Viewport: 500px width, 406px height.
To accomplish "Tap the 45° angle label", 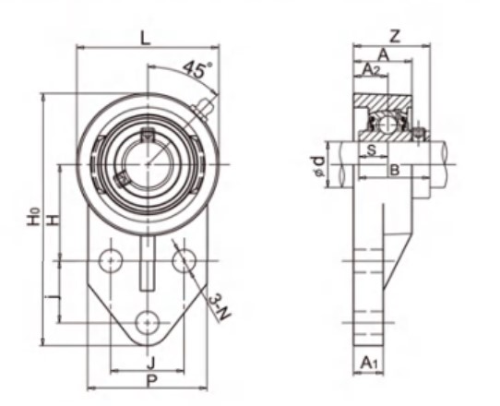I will click(x=196, y=70).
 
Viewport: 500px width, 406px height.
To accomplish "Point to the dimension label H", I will click(x=54, y=219).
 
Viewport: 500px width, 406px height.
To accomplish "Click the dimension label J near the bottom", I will click(x=149, y=362).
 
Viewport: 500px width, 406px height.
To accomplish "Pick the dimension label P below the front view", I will click(x=149, y=379).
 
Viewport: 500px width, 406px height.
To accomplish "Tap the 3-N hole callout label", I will click(x=219, y=305).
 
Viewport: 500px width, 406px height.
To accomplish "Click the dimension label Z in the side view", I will click(x=395, y=37).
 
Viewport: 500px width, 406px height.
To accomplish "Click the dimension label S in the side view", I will click(x=371, y=149).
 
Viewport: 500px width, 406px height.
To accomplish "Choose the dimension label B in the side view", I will click(x=394, y=170).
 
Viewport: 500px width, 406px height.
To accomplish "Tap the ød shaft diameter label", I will click(x=318, y=167).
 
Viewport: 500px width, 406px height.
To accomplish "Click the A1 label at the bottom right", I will click(x=369, y=364).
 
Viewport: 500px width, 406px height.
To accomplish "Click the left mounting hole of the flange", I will click(x=113, y=259).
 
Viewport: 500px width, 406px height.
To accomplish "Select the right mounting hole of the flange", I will click(x=183, y=259).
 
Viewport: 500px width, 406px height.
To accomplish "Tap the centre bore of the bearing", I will click(x=148, y=164).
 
